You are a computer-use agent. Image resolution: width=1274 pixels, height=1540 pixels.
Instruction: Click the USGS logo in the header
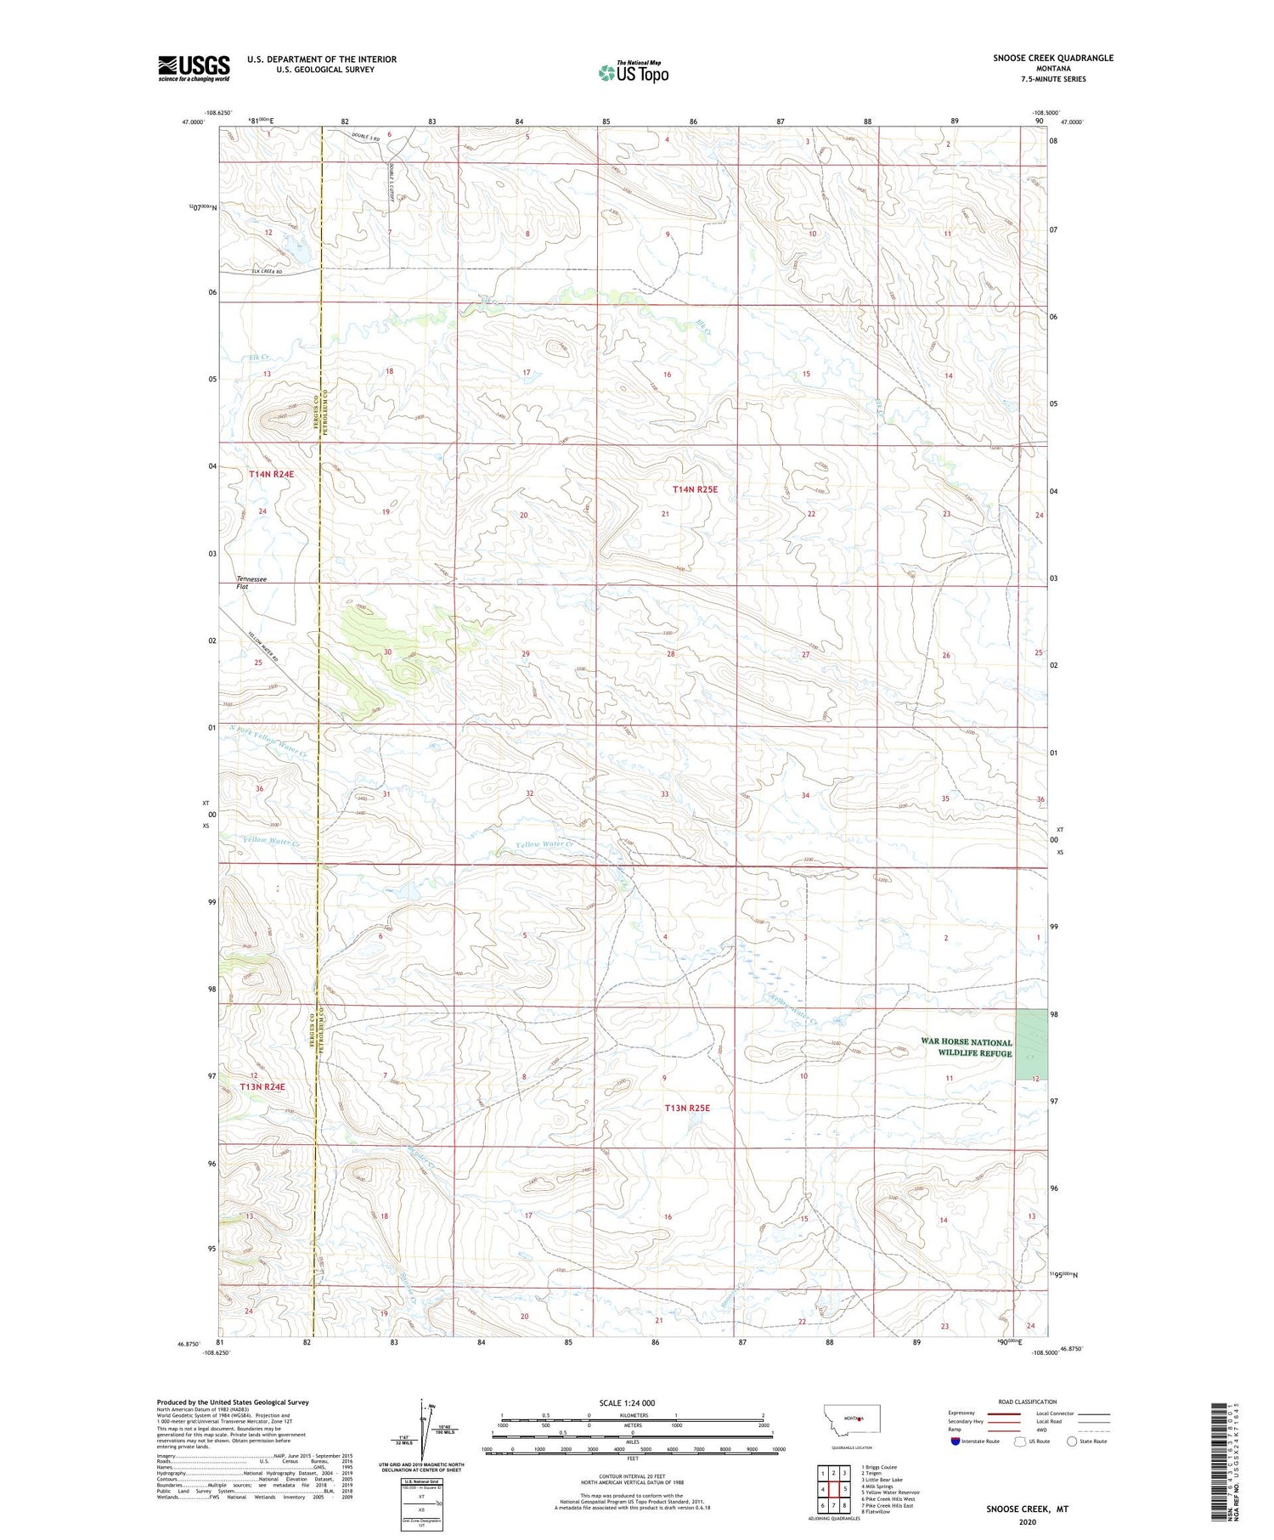pos(194,68)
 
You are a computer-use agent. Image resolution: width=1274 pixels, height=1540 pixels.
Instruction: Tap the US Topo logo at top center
pos(634,73)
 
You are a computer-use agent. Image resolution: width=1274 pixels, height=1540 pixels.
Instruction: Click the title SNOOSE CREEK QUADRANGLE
pos(1053,58)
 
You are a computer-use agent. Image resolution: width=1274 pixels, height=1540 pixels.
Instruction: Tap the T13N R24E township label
pos(262,1086)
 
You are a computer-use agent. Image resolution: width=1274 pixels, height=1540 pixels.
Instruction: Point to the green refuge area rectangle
pos(1031,1045)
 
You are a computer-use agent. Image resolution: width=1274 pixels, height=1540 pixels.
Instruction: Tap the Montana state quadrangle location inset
pos(859,1419)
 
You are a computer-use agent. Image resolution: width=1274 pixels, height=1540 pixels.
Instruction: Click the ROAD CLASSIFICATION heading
pos(1028,1402)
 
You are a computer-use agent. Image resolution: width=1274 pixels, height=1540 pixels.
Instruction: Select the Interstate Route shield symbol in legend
pos(956,1441)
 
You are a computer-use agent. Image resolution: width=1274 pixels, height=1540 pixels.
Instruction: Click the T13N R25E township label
pos(687,1108)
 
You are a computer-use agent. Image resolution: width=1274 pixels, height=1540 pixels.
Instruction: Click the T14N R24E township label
pos(271,474)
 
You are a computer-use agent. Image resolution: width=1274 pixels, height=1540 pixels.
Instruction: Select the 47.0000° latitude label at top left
pos(193,122)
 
